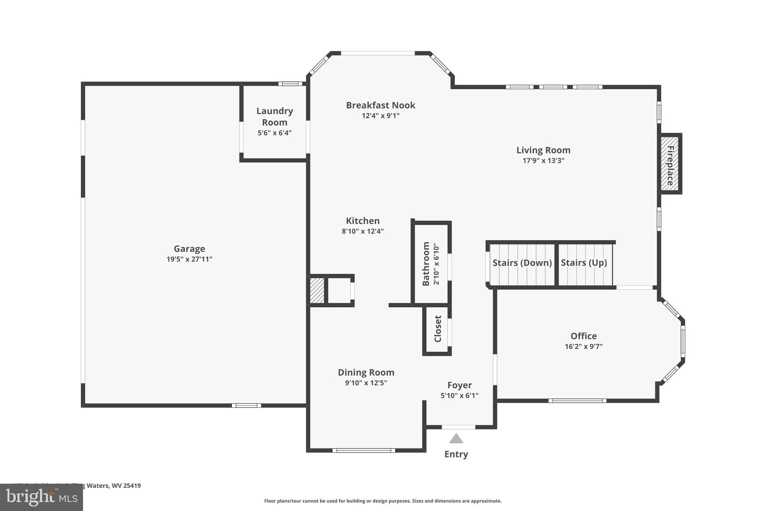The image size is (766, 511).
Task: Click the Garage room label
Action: tap(189, 249)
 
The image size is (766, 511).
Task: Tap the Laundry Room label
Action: tap(275, 116)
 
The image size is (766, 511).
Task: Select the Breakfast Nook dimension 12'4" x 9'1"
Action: tap(380, 116)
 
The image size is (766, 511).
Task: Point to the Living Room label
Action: tap(543, 150)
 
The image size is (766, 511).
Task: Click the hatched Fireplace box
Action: tap(670, 164)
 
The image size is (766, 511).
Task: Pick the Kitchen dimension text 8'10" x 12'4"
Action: tap(362, 231)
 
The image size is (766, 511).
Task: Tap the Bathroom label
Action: tap(426, 264)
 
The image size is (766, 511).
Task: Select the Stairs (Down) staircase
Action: tap(522, 264)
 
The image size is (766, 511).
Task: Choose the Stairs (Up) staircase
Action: tap(584, 264)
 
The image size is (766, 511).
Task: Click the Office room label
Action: tap(583, 336)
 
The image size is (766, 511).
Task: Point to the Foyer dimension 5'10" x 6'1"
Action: tap(459, 395)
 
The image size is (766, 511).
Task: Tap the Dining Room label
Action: tap(366, 372)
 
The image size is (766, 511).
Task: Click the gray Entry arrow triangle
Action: tap(456, 438)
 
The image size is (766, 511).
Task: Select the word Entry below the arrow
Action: tap(456, 454)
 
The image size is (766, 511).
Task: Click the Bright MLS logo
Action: tap(41, 497)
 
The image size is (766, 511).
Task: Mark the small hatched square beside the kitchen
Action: tap(317, 290)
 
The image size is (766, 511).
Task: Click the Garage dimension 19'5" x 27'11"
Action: tap(189, 259)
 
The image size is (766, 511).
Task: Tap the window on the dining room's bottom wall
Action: tap(364, 450)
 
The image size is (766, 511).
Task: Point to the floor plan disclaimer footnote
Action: tap(383, 501)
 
